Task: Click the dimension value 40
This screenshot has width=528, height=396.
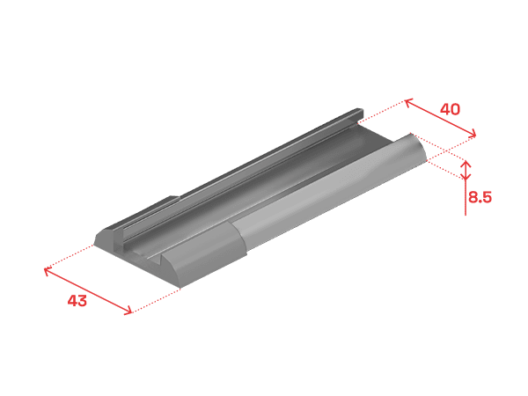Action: coord(450,109)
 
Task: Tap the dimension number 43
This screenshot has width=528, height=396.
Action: coord(77,300)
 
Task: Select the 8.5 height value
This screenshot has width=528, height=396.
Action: coord(480,196)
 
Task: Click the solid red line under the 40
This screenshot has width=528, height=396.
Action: coord(441,118)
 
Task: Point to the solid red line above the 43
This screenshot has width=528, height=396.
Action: coord(88,291)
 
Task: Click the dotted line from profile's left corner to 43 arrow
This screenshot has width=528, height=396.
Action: coord(69,257)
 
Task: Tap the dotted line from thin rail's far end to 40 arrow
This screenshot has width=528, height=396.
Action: coord(382,111)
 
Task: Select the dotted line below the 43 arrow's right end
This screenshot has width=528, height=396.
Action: coord(156,301)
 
